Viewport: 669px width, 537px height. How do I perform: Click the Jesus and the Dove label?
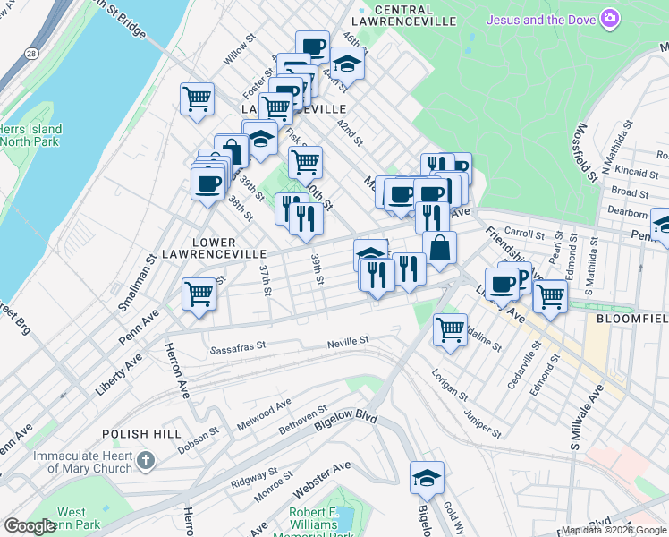(x=541, y=19)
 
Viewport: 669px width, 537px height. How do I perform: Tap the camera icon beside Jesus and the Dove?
(x=610, y=18)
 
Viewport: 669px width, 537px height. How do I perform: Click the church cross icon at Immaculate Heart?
(x=146, y=462)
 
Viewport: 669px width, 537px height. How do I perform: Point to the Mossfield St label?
(x=587, y=152)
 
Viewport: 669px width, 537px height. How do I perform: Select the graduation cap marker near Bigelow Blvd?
(x=428, y=477)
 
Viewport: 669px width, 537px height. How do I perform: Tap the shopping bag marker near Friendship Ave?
(x=440, y=248)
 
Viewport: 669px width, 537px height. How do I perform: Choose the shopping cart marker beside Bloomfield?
(x=551, y=294)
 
